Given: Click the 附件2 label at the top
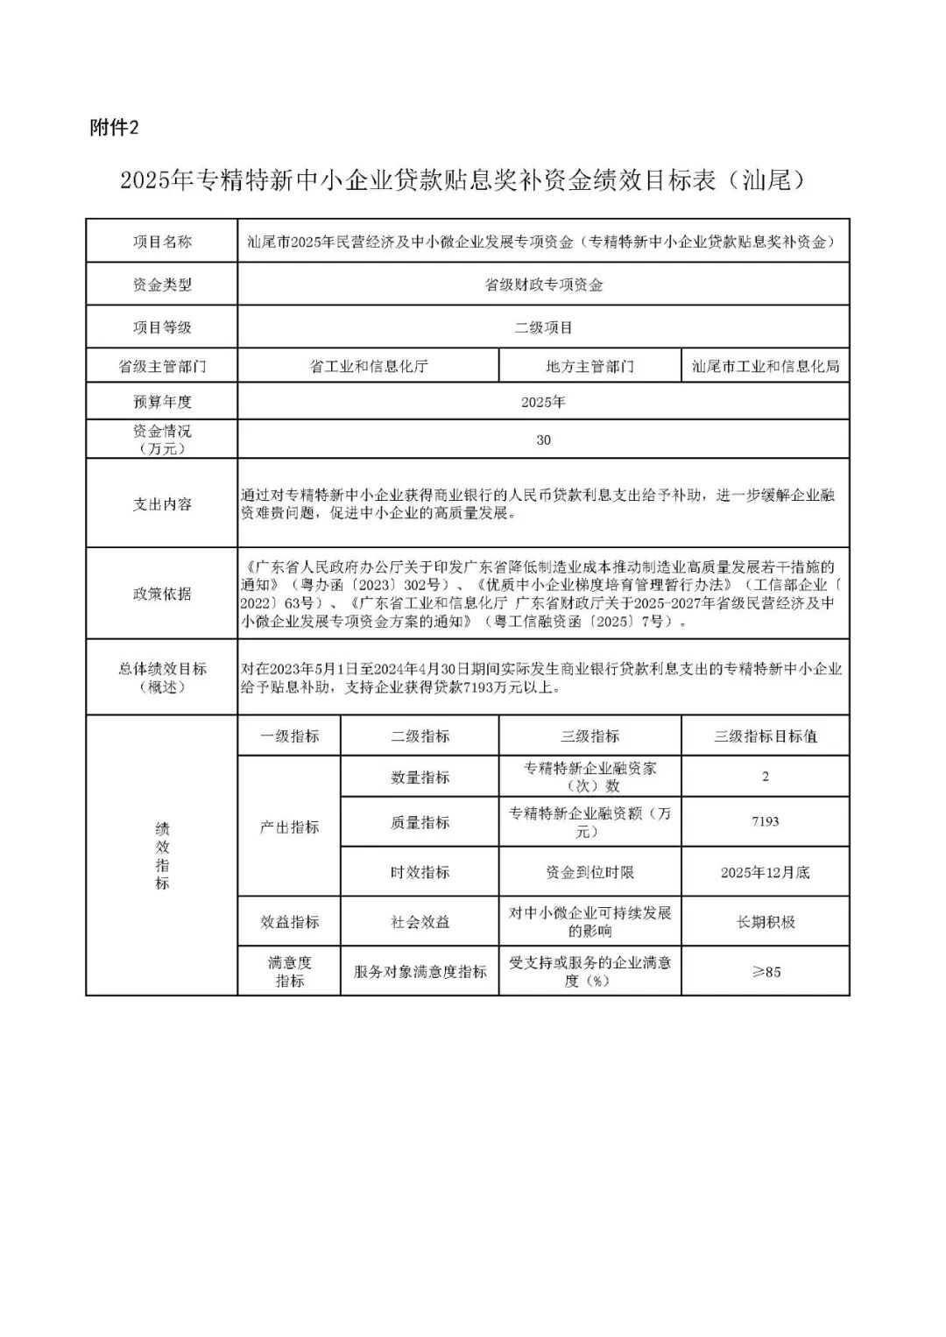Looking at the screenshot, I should point(115,128).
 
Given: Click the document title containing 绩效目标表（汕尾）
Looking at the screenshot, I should point(462,181).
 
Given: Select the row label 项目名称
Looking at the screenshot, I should point(162,242).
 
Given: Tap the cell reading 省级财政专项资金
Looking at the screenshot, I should point(543,285).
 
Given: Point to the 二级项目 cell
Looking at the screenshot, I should point(543,327).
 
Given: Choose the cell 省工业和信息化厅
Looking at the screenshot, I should point(368,366).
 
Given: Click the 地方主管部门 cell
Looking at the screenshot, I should point(589,366).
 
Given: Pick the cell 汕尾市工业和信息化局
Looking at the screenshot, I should point(765,366).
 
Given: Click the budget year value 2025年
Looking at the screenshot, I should point(543,402).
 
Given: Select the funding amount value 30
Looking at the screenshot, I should point(543,440).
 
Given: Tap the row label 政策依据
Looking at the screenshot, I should point(162,594).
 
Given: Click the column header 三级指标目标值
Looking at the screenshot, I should point(765,736).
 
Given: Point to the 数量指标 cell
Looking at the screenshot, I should point(420,777).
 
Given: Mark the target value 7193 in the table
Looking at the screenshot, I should point(765,821).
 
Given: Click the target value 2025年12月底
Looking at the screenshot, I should point(765,872).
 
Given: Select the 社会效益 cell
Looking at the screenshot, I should point(420,922).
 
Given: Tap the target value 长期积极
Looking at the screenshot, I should point(765,922).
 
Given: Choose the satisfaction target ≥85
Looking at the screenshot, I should point(765,971).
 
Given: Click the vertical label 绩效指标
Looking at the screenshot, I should point(162,855).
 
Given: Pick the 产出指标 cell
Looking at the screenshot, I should point(289,827).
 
